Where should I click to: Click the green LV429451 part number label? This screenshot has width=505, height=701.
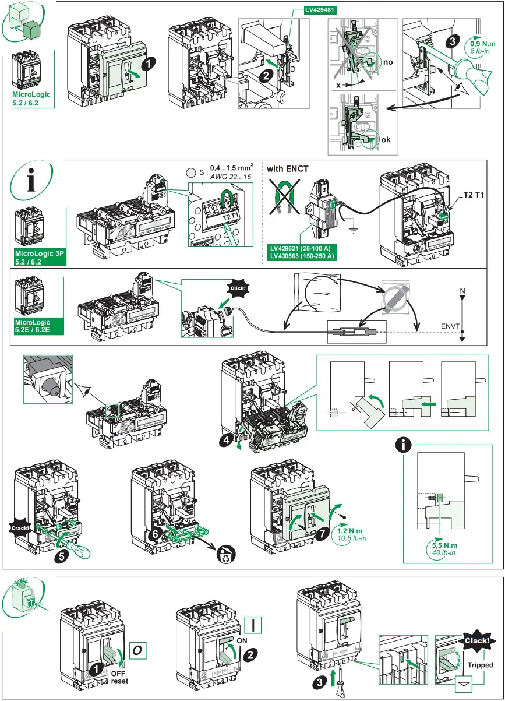pos(322,10)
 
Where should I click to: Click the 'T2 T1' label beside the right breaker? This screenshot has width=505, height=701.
pos(476,194)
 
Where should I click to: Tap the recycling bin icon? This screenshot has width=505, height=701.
pos(225,556)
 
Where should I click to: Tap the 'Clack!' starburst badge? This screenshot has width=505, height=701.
pos(479,641)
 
